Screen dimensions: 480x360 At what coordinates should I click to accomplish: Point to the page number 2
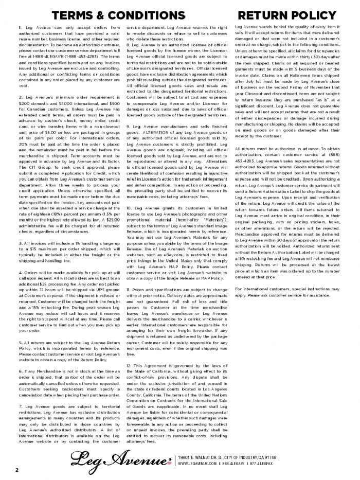click(x=16, y=469)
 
